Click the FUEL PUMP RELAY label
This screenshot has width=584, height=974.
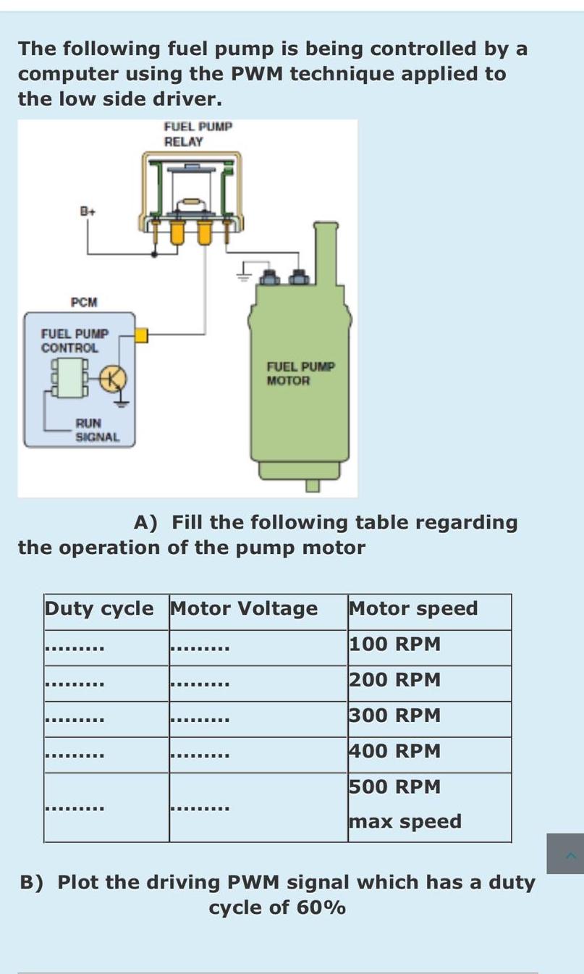[198, 134]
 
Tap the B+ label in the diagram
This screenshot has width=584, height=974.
[88, 211]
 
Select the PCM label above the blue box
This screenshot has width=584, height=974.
[84, 302]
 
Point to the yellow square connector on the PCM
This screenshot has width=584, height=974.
[141, 335]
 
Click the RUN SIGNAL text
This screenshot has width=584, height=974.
[97, 429]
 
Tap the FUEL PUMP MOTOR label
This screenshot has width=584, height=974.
[300, 373]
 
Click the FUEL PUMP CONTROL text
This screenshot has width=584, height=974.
[75, 340]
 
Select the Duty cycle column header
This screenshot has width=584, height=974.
[99, 608]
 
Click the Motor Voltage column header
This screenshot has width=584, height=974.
[243, 608]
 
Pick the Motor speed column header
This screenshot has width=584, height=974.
[413, 608]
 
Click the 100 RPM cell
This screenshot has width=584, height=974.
[394, 644]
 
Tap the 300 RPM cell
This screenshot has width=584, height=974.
[394, 715]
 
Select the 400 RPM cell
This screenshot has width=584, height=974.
[394, 751]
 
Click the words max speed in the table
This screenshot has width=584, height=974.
[405, 821]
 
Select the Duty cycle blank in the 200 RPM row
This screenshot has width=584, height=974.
[75, 683]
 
